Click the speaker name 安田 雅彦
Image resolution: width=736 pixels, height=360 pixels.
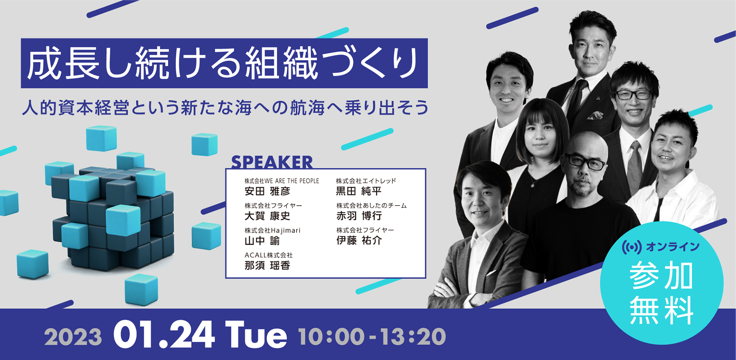tap(267, 191)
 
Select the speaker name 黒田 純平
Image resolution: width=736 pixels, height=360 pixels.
tap(359, 191)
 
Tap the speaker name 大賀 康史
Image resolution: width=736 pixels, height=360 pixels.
tap(267, 216)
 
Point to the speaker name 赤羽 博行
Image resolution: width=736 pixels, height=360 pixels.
tap(359, 216)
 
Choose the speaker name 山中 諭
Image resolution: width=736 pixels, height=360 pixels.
tap(262, 241)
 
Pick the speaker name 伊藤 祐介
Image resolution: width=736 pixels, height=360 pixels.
tap(359, 240)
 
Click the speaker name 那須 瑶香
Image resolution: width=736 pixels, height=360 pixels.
tap(267, 265)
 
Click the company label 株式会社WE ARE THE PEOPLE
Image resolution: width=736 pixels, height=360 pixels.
tap(282, 181)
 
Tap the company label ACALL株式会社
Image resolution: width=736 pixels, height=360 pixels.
tap(268, 255)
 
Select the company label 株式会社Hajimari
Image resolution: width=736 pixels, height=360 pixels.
tap(272, 230)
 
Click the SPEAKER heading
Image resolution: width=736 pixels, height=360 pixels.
tap(272, 162)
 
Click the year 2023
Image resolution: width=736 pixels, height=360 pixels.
tap(73, 337)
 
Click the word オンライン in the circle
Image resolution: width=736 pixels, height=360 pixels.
tap(673, 247)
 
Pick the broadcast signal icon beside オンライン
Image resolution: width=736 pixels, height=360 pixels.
tap(632, 247)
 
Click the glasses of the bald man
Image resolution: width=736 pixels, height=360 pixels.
tap(585, 162)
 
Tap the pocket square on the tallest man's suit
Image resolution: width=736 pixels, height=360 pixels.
tap(595, 116)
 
